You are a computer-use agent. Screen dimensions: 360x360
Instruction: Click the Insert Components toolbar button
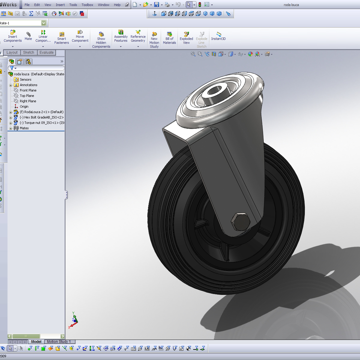13,36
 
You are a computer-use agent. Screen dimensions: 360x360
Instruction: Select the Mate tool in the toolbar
28,36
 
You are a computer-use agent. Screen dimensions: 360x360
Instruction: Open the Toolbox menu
87,5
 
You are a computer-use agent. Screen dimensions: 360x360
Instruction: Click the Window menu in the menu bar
103,5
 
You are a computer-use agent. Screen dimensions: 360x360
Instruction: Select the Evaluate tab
46,52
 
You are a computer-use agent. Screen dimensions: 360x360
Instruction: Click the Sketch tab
28,52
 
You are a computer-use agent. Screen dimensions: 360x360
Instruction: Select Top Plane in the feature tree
27,96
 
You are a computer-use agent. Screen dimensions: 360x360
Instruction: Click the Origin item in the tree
24,106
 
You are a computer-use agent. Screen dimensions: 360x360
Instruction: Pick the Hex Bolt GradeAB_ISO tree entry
41,117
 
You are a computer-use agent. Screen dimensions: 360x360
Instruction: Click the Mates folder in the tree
24,128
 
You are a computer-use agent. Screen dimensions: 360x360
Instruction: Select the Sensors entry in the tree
25,79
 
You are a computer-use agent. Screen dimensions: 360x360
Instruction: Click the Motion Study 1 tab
59,342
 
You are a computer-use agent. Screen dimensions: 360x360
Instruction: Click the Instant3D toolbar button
218,36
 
